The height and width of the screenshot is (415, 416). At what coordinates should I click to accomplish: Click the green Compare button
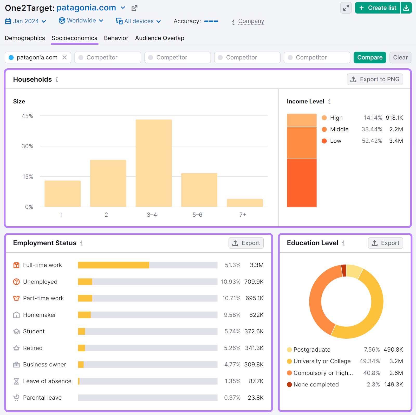coord(369,57)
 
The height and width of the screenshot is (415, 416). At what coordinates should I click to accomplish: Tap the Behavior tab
coord(116,38)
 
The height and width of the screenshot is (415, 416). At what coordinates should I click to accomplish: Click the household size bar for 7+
coord(244,203)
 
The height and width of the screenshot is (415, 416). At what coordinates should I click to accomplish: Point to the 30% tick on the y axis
coord(27,146)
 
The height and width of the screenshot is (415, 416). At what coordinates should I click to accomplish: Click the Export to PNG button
coord(375,79)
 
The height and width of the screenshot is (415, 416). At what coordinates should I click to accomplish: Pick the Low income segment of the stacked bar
coord(302,182)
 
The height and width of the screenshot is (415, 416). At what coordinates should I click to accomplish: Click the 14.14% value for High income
coord(373,118)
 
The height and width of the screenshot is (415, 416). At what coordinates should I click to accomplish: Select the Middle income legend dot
coord(324,129)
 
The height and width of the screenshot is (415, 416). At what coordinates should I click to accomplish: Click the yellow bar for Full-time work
coord(113,265)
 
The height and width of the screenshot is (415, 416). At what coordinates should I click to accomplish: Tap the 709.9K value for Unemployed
coord(254,282)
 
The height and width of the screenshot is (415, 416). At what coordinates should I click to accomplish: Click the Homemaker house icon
coord(16,315)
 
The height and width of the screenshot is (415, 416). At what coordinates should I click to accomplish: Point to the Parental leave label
coord(42,398)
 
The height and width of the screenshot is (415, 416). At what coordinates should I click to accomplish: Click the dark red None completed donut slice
coord(344,271)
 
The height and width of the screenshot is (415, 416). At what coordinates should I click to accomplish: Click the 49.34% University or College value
coord(369,361)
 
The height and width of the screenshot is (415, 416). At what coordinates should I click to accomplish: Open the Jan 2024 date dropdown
coord(26,21)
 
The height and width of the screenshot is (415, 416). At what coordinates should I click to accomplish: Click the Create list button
coord(378,8)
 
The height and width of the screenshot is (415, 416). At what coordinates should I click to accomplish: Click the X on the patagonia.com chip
coord(64,57)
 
